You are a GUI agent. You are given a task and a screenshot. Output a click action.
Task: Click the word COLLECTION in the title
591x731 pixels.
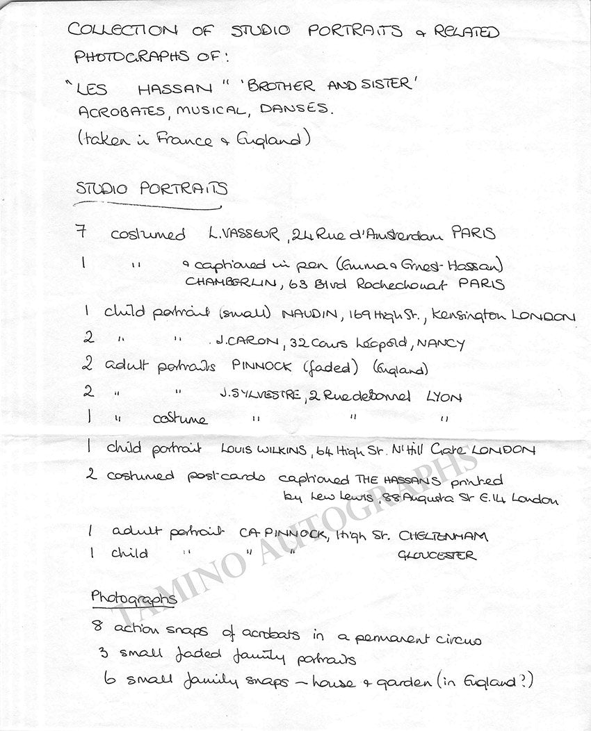click(122, 30)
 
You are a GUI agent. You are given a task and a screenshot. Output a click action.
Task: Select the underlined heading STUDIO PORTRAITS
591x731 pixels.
click(152, 189)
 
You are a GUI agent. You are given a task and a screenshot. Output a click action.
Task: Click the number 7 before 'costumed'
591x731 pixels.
click(82, 232)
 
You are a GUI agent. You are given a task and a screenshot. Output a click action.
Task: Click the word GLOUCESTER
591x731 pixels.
click(437, 555)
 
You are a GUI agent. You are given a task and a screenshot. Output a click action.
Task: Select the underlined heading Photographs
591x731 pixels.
click(133, 597)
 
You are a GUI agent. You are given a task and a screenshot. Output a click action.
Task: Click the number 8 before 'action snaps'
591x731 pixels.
click(97, 625)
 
